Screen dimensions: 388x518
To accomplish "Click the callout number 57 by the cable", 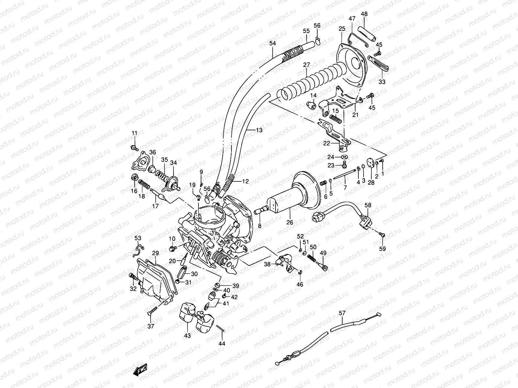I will click(x=342, y=313).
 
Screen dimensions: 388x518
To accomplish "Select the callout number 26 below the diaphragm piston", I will click(x=289, y=222).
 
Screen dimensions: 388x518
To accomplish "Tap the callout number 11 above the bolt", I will click(x=134, y=133).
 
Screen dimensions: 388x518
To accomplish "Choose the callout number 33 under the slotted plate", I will click(x=382, y=82).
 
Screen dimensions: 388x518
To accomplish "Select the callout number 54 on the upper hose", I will click(x=273, y=43).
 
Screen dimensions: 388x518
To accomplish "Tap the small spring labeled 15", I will click(x=335, y=120).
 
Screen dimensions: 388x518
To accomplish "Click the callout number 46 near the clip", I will click(x=300, y=285).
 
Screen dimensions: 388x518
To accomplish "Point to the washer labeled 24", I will click(x=345, y=157).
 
